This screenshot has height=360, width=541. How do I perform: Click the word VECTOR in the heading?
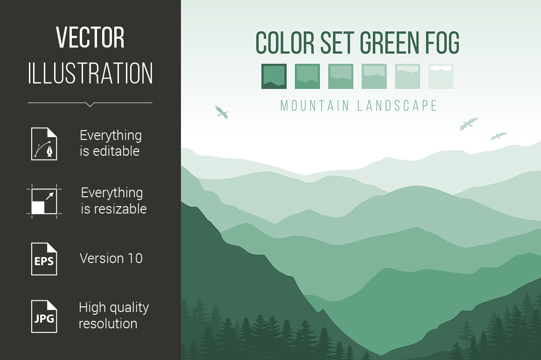[90, 37]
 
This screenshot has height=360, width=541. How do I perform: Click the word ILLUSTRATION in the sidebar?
[90, 73]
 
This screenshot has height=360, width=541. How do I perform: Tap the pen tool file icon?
[44, 144]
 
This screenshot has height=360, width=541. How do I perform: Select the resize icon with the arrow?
[44, 201]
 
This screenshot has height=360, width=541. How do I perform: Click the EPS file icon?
[44, 259]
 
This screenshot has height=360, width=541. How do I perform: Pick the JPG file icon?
[44, 317]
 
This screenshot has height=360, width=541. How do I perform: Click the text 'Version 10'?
[111, 258]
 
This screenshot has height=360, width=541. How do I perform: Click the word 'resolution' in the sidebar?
[108, 324]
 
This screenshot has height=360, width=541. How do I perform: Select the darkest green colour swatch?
[274, 76]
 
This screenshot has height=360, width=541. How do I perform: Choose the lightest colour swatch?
[441, 76]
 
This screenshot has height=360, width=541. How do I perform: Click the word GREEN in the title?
[389, 43]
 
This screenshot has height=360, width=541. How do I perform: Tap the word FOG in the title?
[442, 43]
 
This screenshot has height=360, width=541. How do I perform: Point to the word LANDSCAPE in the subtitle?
[397, 105]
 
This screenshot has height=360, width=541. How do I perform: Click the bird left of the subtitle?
[222, 112]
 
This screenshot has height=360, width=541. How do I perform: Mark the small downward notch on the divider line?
[90, 105]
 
